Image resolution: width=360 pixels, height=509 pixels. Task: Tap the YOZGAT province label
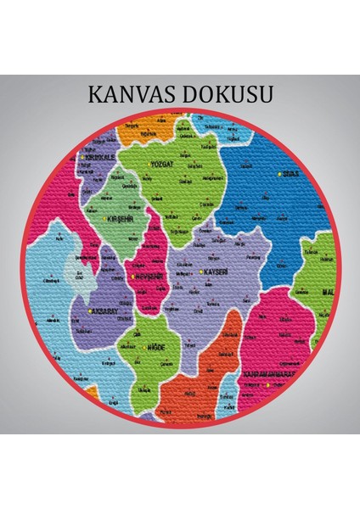coord(160,163)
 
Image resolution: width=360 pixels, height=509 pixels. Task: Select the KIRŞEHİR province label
coord(122,219)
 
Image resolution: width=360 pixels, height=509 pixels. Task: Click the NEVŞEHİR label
coord(149,276)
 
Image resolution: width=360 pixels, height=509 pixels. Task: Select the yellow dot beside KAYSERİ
coord(200,272)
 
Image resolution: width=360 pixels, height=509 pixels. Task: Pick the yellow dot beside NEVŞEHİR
coord(132,277)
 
